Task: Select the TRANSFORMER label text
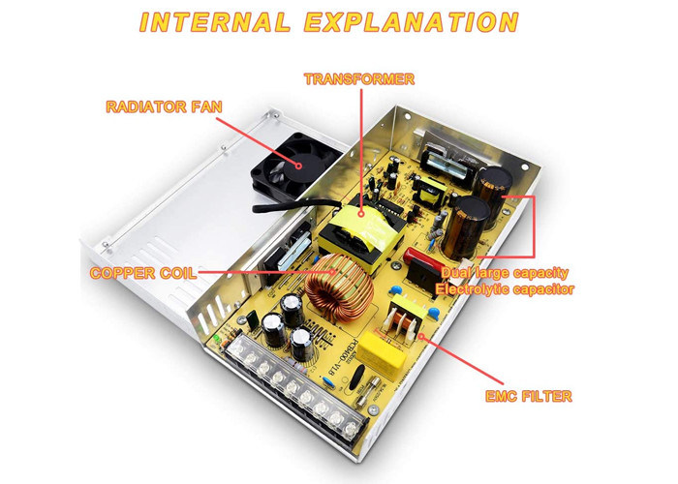pos(359,77)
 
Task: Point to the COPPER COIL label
pos(143,274)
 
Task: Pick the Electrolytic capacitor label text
pos(505,288)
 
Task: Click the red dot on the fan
pos(298,164)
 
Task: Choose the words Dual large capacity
pos(503,273)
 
